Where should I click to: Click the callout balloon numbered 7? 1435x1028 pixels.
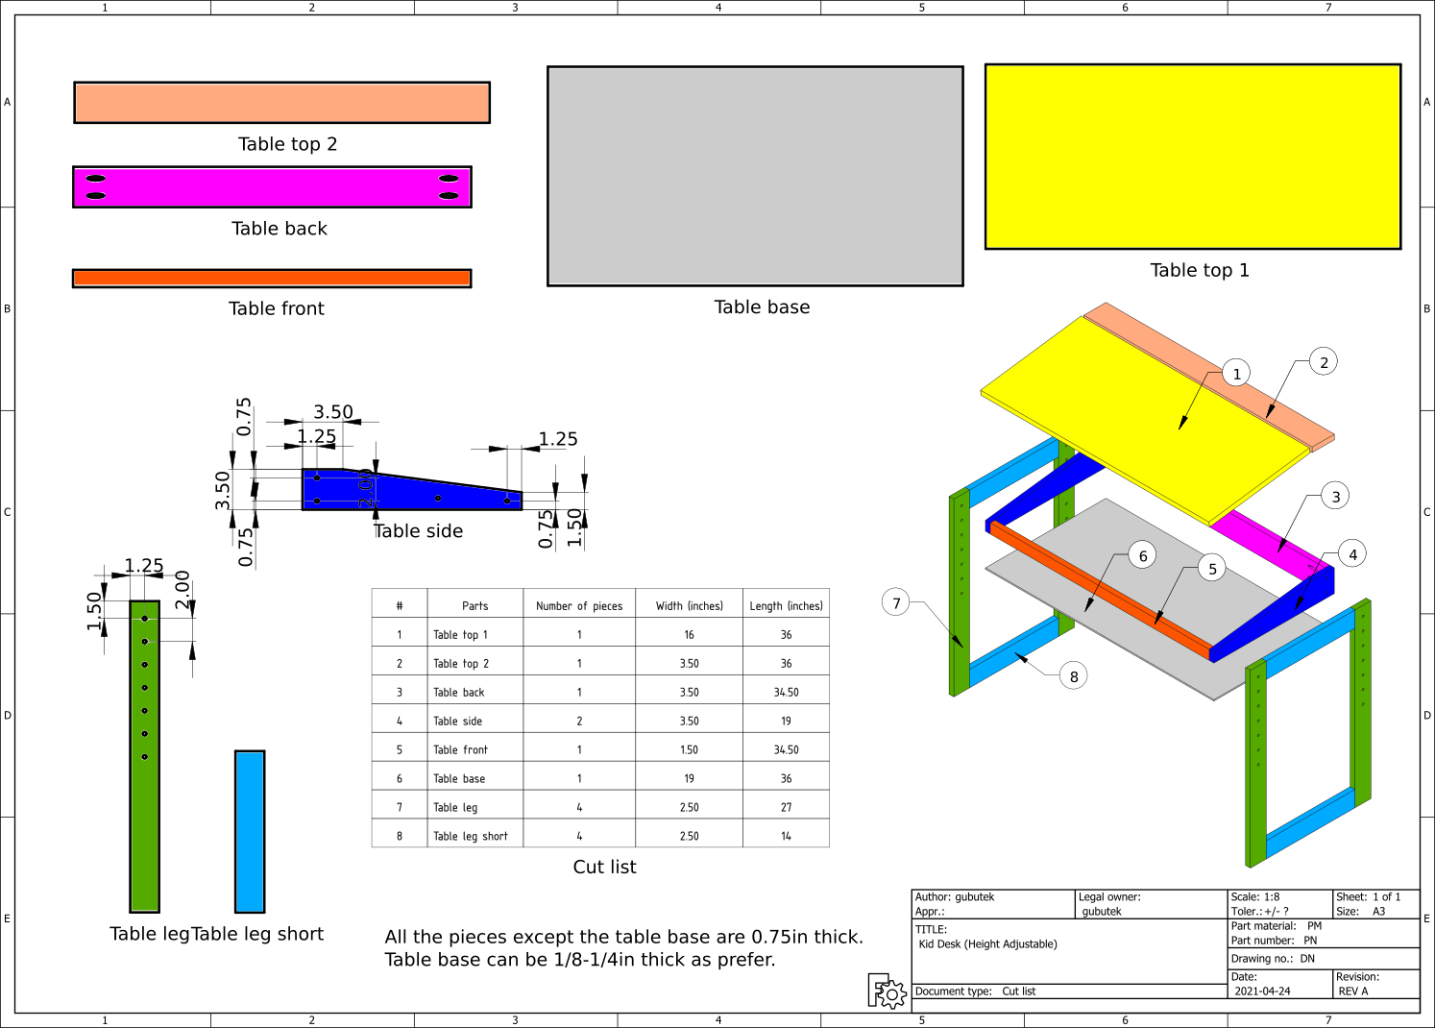coord(895,602)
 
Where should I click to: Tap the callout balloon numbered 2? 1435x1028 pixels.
coord(1324,362)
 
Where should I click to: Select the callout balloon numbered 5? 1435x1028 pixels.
coord(1212,569)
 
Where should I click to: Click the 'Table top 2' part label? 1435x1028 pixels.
coord(287,143)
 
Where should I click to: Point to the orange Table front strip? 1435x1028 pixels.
coord(272,279)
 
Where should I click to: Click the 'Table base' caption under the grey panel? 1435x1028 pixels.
coord(762,307)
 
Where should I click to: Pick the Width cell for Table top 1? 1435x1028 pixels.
coord(689,634)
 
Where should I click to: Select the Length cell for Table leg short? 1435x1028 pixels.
coord(786,836)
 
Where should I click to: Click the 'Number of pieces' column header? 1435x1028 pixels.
coord(579,605)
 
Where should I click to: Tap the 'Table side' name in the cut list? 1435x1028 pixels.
coord(457,721)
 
